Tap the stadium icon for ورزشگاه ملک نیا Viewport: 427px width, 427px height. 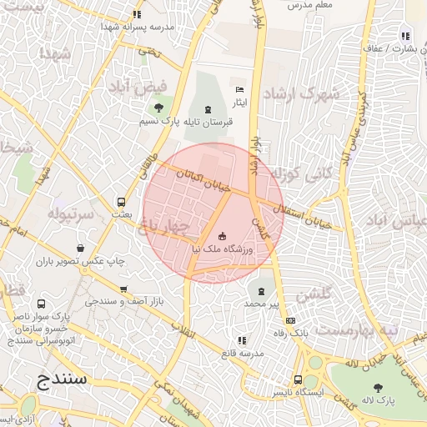[221, 236]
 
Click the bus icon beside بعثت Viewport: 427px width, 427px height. [122, 202]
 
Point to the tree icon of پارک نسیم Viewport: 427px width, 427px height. [158, 107]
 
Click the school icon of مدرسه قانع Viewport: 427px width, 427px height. [242, 340]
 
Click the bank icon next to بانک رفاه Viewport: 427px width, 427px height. [290, 320]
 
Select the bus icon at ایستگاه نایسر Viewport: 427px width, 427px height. [298, 379]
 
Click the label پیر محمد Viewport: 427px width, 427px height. [262, 304]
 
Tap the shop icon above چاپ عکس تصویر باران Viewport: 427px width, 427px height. [80, 248]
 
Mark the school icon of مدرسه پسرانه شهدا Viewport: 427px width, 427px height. [137, 14]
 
